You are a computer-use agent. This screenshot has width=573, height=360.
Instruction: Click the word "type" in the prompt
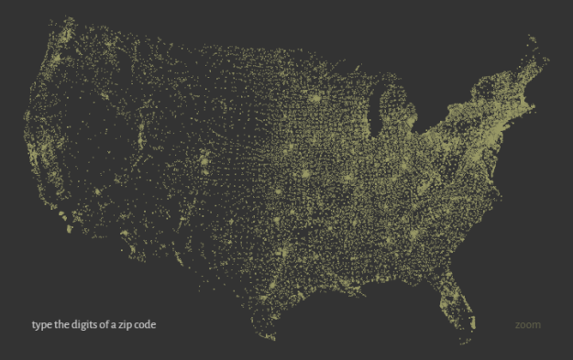42,325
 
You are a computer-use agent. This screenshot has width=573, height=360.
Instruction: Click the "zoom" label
527,325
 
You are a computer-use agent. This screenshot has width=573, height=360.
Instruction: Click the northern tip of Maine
533,38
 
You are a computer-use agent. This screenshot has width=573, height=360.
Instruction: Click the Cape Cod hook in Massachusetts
547,104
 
